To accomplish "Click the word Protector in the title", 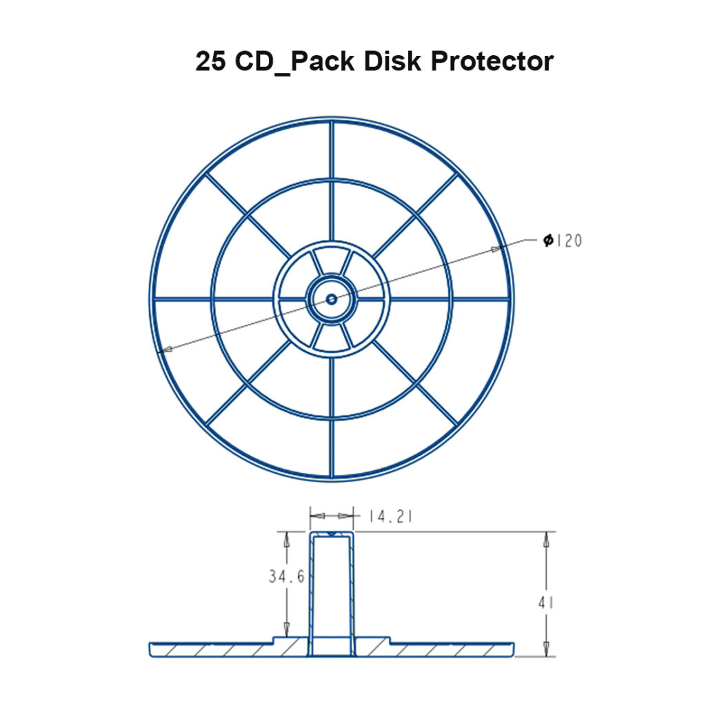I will pyautogui.click(x=492, y=61).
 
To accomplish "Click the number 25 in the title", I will pyautogui.click(x=211, y=61).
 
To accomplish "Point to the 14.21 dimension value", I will pyautogui.click(x=390, y=516).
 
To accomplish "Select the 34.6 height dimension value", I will pyautogui.click(x=286, y=576).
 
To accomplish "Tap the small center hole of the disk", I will pyautogui.click(x=332, y=299).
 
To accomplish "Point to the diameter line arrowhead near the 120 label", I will pyautogui.click(x=495, y=248).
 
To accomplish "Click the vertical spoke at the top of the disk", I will pyautogui.click(x=332, y=152).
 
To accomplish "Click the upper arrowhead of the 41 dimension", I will pyautogui.click(x=546, y=540).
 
